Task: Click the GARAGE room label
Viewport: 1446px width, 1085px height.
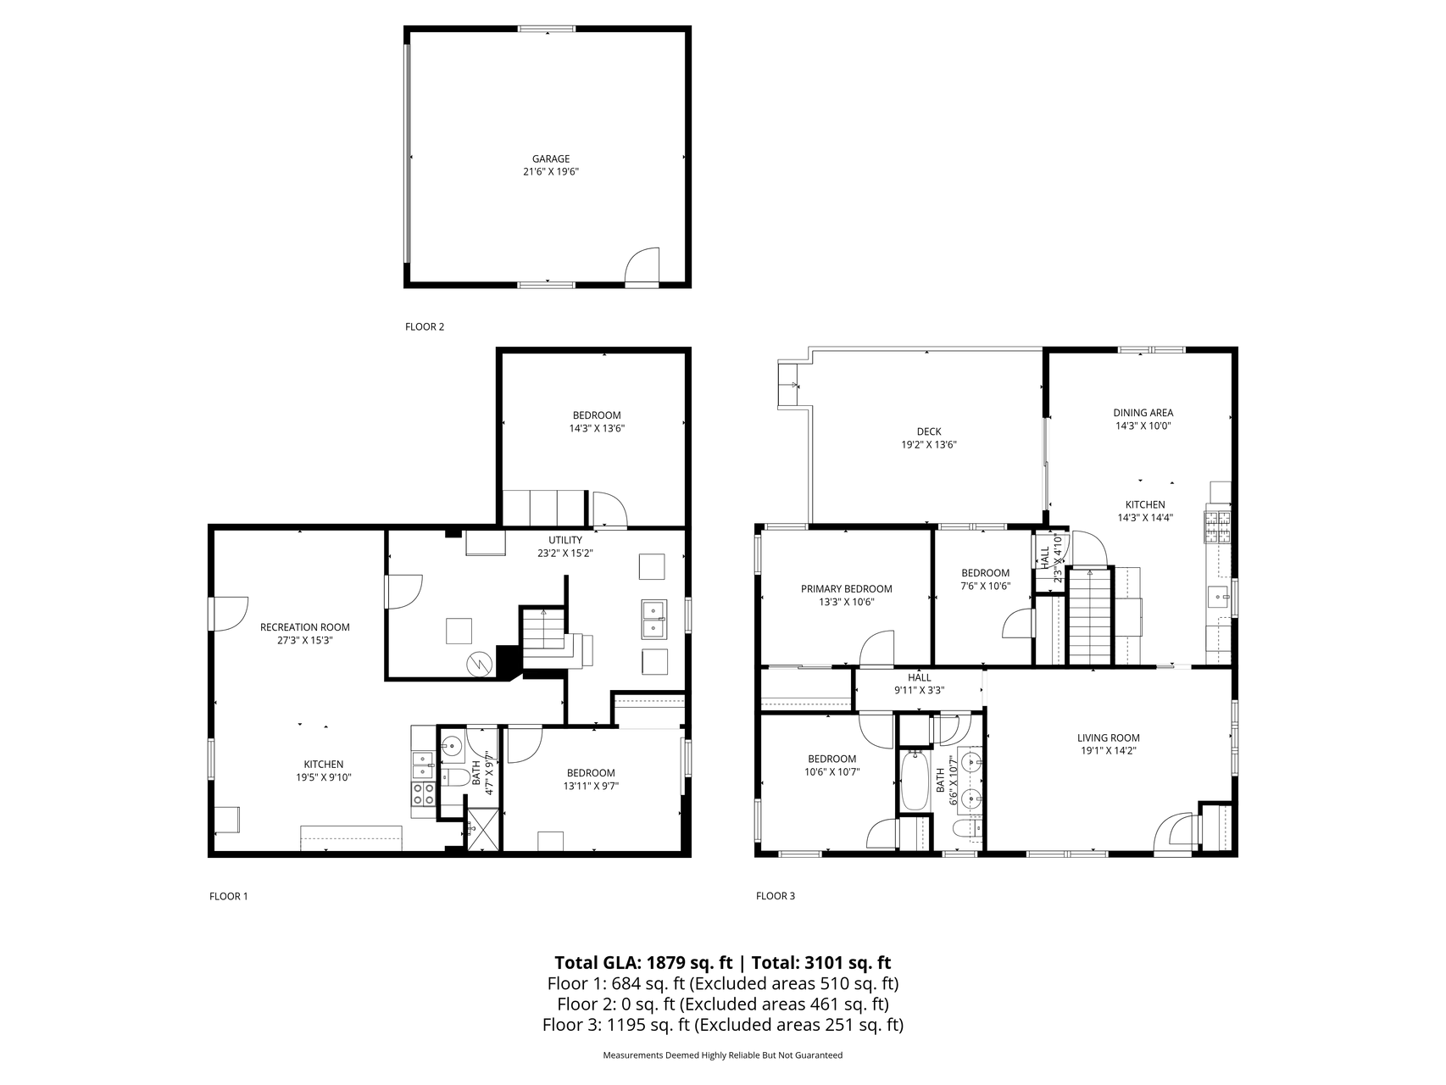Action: coord(551,159)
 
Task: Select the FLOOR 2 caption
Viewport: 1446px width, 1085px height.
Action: coord(425,326)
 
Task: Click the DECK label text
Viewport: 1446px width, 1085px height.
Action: coord(929,431)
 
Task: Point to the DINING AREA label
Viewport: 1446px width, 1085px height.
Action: coord(1143,413)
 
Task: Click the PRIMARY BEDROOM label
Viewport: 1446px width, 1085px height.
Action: coord(847,589)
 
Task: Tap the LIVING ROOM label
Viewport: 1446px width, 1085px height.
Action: coord(1109,737)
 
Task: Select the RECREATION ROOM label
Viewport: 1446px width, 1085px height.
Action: coord(305,627)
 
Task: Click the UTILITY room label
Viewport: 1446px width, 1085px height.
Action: coord(565,540)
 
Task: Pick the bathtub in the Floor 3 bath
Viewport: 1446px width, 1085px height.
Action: coord(915,781)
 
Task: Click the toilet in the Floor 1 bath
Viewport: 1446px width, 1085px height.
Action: coord(455,777)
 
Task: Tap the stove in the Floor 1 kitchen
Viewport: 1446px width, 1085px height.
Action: coord(424,793)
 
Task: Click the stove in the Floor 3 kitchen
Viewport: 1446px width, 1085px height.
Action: coord(1218,528)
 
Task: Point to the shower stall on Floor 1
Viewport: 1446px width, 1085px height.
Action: coord(482,829)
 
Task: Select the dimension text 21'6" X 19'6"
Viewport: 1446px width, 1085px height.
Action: coord(551,171)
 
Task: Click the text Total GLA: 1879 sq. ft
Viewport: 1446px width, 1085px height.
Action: coord(643,962)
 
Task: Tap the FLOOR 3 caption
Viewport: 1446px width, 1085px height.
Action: coord(776,896)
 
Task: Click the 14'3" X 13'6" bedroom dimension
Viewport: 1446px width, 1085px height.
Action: coord(597,428)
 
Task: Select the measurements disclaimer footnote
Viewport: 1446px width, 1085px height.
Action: coord(723,1055)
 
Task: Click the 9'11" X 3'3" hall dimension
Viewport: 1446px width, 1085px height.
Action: coord(920,690)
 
